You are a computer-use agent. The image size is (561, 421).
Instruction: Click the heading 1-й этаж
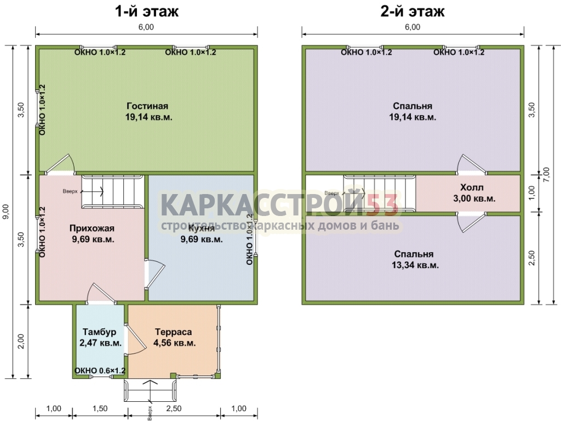[146, 12]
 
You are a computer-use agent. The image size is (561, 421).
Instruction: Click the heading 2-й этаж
[412, 12]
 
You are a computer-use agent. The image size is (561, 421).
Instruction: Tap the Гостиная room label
[147, 106]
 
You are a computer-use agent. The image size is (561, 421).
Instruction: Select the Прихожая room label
[92, 229]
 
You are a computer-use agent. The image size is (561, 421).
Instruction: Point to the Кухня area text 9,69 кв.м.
[202, 239]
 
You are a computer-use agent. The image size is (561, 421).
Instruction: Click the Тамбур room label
[100, 332]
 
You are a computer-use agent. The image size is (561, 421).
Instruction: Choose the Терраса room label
[174, 332]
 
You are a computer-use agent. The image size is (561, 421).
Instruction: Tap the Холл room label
[472, 187]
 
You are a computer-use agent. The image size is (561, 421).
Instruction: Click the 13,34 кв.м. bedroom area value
[415, 265]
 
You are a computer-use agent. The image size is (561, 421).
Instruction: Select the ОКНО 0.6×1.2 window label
[100, 371]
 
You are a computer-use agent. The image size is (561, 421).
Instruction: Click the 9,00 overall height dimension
[6, 212]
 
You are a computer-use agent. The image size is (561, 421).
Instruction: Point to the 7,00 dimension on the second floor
[546, 174]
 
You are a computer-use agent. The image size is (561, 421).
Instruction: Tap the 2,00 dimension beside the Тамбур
[21, 341]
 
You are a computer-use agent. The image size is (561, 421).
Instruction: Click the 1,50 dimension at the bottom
[100, 408]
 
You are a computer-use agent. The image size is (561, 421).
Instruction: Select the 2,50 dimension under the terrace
[174, 408]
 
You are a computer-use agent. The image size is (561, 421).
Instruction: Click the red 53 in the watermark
[382, 205]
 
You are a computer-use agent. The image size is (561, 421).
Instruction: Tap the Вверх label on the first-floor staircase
[70, 191]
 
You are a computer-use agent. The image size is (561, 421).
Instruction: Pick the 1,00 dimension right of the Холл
[531, 193]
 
